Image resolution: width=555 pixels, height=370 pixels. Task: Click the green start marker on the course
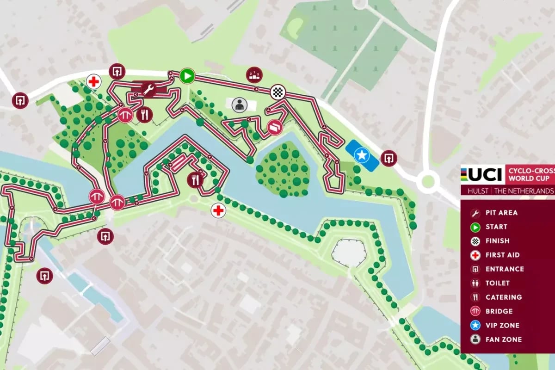coord(187,76)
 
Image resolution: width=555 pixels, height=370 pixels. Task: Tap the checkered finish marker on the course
coord(277,92)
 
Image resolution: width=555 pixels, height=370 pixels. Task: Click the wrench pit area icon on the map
coord(148,89)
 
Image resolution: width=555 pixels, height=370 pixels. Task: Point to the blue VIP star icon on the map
coord(362,154)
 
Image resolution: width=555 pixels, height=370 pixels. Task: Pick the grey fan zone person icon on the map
coord(239,105)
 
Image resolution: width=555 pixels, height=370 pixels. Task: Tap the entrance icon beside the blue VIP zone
coord(388,159)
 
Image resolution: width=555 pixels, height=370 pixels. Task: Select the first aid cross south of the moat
coord(218,211)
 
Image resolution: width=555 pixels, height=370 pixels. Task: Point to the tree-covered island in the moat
coord(282,169)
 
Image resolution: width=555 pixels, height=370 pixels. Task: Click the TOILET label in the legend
coord(497,283)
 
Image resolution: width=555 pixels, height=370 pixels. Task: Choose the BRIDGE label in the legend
coord(499,311)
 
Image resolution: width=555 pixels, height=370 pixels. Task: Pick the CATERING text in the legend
coord(503,297)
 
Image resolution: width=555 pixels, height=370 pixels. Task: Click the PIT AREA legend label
coord(501,213)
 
